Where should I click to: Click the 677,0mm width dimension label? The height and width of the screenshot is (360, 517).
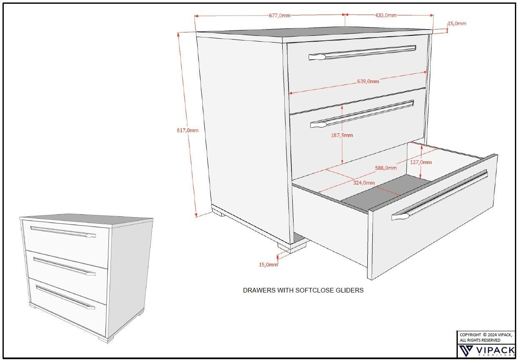[x=279, y=15]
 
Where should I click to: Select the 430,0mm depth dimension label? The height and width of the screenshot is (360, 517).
[x=385, y=15]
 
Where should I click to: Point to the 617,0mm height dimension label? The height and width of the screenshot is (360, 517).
[x=188, y=130]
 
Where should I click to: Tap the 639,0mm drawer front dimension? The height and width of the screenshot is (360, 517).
[x=368, y=81]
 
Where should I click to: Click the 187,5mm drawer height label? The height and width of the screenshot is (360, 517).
[x=342, y=135]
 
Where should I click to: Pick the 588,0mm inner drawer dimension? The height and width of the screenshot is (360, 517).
[x=386, y=168]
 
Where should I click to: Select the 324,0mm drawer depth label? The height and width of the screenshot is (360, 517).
[x=364, y=182]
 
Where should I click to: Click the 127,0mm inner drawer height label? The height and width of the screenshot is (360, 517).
[x=421, y=162]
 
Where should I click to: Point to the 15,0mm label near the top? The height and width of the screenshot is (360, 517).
[x=457, y=23]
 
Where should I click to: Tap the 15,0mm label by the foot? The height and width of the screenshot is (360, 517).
[x=268, y=265]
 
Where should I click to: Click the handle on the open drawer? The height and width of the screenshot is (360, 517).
[x=439, y=195]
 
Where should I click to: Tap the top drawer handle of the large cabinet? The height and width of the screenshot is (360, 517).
[x=362, y=52]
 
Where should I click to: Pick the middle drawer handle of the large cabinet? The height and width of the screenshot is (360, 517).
[x=362, y=114]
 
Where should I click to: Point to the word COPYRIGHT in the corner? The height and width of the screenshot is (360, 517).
[x=470, y=335]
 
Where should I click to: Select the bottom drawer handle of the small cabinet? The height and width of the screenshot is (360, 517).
[x=65, y=297]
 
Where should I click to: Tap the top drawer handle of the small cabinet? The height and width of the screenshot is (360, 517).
[x=63, y=232]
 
